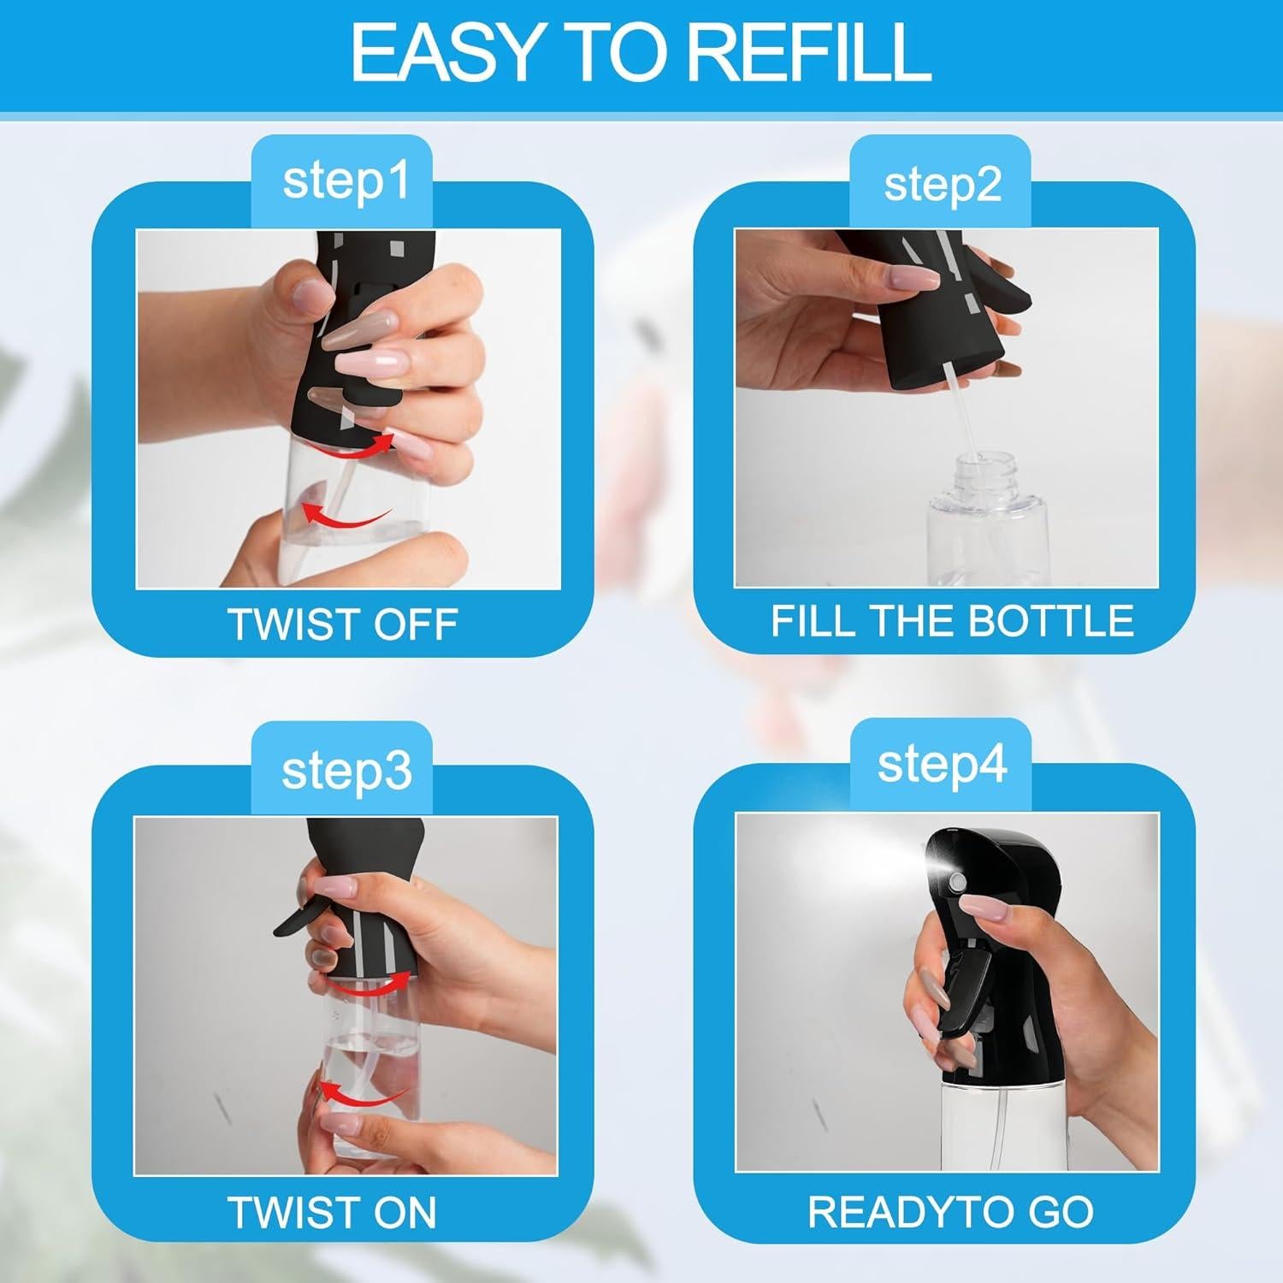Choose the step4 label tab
pos(941,766)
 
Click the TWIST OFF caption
pos(342,624)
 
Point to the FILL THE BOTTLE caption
pos(951,621)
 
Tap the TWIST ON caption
pos(332,1212)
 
